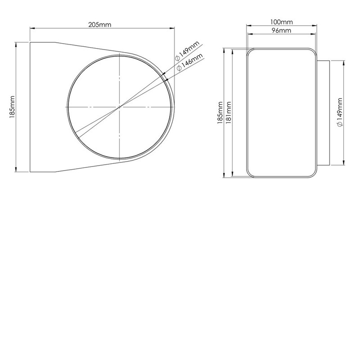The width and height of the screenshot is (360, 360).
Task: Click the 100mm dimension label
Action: point(283,22)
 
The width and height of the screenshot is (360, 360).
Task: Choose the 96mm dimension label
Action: point(283,31)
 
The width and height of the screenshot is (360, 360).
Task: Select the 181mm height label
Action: point(229,112)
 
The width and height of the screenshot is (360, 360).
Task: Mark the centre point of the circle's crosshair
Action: point(120,107)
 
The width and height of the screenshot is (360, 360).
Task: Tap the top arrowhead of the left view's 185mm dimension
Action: point(17,44)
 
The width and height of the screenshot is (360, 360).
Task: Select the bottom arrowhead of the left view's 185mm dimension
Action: point(17,170)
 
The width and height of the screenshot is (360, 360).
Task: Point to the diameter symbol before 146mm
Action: point(179,68)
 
